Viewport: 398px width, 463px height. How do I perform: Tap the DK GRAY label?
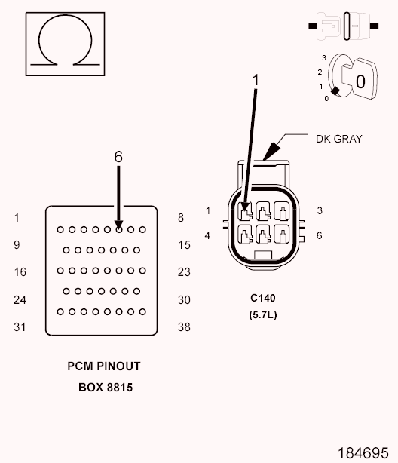pos(339,139)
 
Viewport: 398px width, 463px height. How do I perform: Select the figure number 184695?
pos(363,453)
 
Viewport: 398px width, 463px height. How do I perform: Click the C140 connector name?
pos(263,298)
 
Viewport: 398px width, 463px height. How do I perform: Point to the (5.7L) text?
pos(263,314)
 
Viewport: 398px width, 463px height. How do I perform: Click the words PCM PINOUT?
pos(104,366)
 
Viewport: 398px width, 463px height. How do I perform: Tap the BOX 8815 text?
pos(106,388)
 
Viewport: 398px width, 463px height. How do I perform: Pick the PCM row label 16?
pos(20,272)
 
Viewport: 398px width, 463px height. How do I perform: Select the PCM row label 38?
pos(184,327)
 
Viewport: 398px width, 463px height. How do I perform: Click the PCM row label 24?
pos(20,300)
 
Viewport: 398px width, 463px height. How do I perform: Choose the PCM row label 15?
pos(184,245)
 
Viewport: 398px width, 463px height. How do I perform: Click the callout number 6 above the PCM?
pos(118,157)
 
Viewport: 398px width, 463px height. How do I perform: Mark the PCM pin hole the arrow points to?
pos(118,229)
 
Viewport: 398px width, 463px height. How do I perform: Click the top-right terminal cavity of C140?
pos(281,210)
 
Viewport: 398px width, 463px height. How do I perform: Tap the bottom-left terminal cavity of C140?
pos(245,235)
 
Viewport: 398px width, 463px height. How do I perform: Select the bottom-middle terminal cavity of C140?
pos(263,235)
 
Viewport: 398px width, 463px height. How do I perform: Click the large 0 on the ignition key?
pos(360,81)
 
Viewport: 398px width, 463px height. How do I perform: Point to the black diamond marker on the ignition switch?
pos(335,91)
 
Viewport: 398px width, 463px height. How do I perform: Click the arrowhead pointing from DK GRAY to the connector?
pos(271,152)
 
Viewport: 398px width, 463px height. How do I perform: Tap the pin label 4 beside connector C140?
pos(207,235)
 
